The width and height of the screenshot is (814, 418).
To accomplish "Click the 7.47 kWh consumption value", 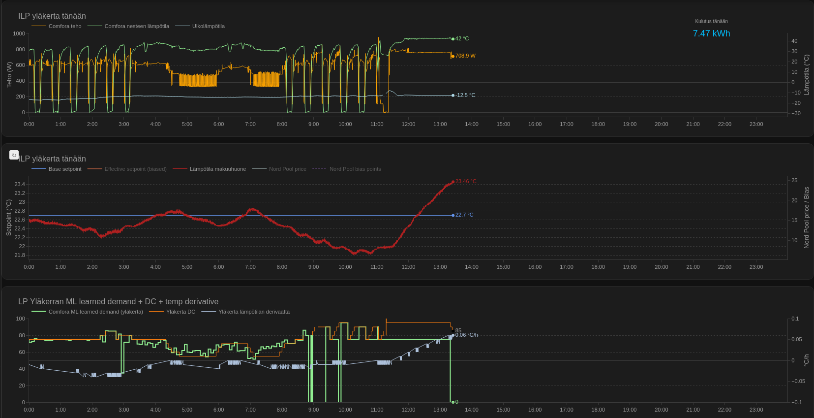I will tap(711, 33).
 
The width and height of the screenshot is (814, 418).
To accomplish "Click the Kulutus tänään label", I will tap(711, 21).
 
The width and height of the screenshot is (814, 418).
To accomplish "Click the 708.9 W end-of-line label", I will tap(465, 56).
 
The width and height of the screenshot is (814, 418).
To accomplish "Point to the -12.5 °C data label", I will tap(465, 95).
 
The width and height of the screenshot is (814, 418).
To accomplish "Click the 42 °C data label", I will tap(462, 38).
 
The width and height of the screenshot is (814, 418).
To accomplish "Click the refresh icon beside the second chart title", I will tap(14, 155).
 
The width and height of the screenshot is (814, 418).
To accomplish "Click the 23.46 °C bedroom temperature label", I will tap(465, 181).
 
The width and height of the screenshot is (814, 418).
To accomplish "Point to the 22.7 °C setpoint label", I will tap(464, 215).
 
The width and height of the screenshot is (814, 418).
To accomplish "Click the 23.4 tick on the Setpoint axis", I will tap(20, 184).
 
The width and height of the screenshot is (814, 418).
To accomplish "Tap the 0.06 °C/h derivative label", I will tap(466, 335).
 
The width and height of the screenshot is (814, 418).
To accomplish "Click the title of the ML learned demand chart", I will tap(118, 301).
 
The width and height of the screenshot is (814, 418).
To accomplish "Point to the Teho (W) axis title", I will tap(9, 74).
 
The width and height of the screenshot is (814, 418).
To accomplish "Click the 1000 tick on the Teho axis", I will tap(19, 33).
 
